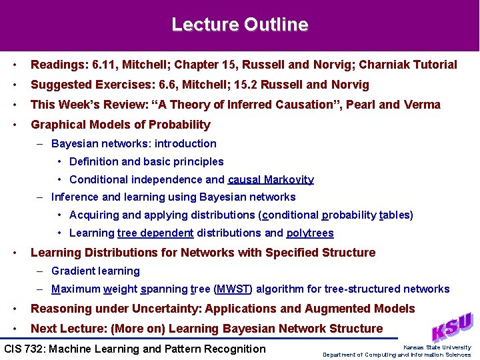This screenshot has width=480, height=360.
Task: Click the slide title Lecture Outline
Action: (240, 25)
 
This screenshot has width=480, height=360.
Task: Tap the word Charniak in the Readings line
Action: (387, 65)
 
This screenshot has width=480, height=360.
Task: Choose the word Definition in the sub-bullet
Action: (94, 161)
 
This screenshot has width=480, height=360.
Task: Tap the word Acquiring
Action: (94, 215)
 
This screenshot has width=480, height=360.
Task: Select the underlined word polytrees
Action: (310, 233)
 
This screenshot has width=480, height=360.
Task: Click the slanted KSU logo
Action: (451, 326)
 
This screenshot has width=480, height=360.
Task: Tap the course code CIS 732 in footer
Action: (25, 349)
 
